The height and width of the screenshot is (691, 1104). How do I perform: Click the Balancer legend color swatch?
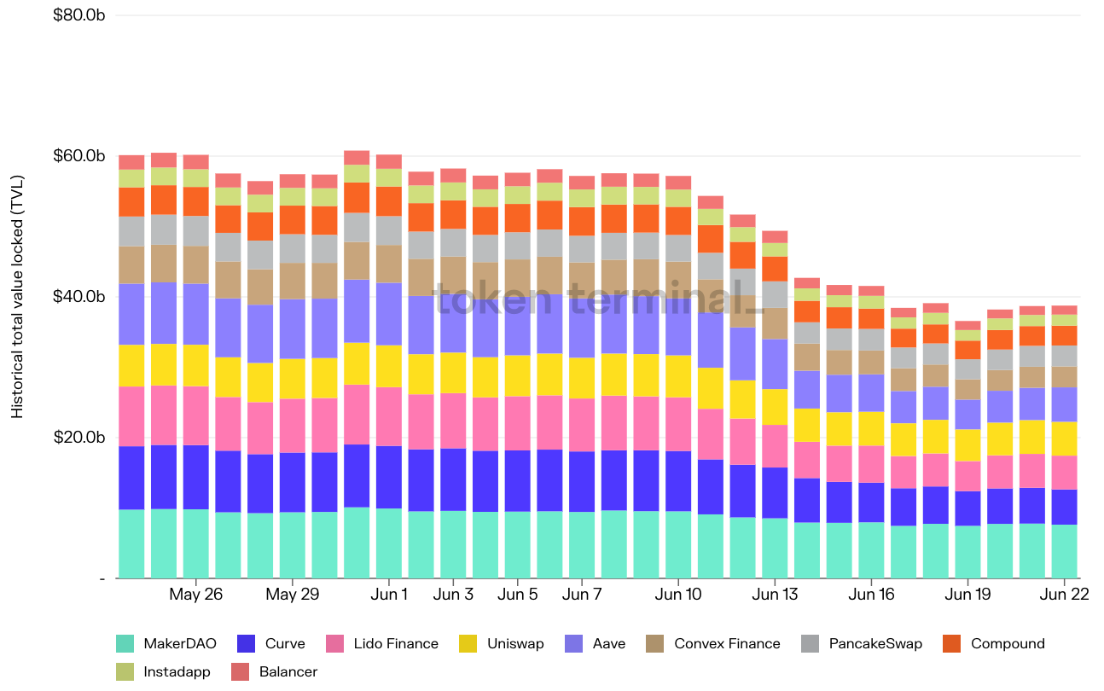coord(241,672)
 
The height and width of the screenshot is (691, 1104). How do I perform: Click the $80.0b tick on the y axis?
coord(78,15)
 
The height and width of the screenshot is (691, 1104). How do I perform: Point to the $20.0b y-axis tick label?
coord(78,438)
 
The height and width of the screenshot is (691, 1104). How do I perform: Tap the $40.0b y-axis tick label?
coord(78,297)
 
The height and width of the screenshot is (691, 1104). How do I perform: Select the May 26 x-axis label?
coord(196,595)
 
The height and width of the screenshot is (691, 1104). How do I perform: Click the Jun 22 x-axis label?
coord(1065,595)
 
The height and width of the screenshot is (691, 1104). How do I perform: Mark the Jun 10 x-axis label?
coord(678,595)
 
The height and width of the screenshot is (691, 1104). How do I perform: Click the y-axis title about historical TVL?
coord(18,297)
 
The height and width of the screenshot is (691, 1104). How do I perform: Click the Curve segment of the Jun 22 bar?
coord(1065,507)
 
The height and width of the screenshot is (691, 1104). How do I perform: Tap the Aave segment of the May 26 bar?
coord(196,314)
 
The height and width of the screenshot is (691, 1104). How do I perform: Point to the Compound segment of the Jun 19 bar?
coord(967,350)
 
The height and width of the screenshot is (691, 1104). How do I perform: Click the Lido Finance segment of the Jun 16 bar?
coord(871,464)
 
